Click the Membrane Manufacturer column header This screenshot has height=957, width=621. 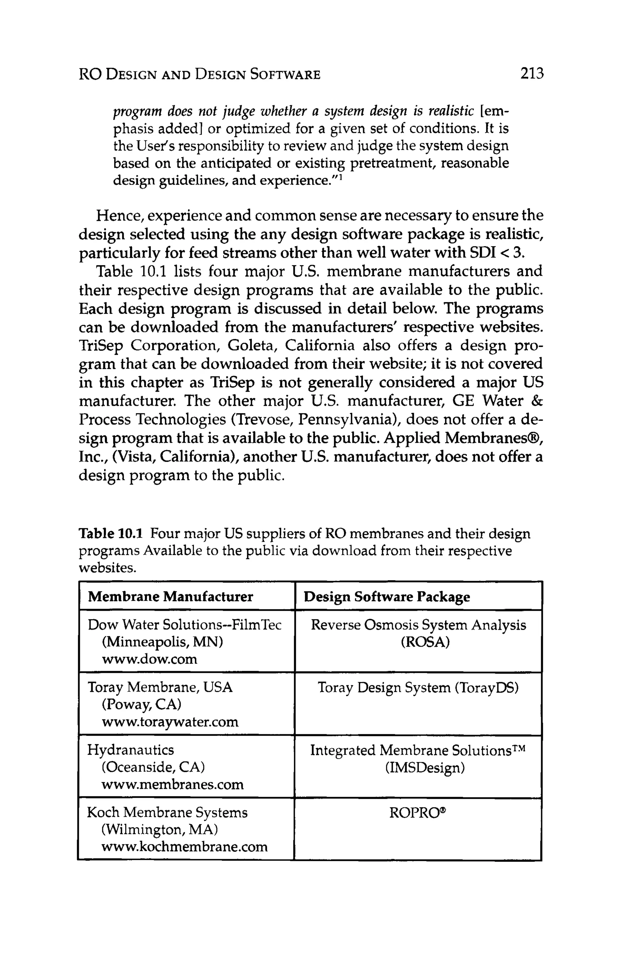tap(170, 596)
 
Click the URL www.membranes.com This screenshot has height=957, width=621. tap(172, 784)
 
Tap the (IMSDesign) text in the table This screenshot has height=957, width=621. tap(425, 767)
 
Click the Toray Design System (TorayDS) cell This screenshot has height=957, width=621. tap(418, 688)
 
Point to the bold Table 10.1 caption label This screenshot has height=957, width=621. tap(111, 534)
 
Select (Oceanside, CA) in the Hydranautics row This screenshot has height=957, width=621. tap(153, 767)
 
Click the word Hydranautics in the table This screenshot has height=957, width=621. tap(130, 750)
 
